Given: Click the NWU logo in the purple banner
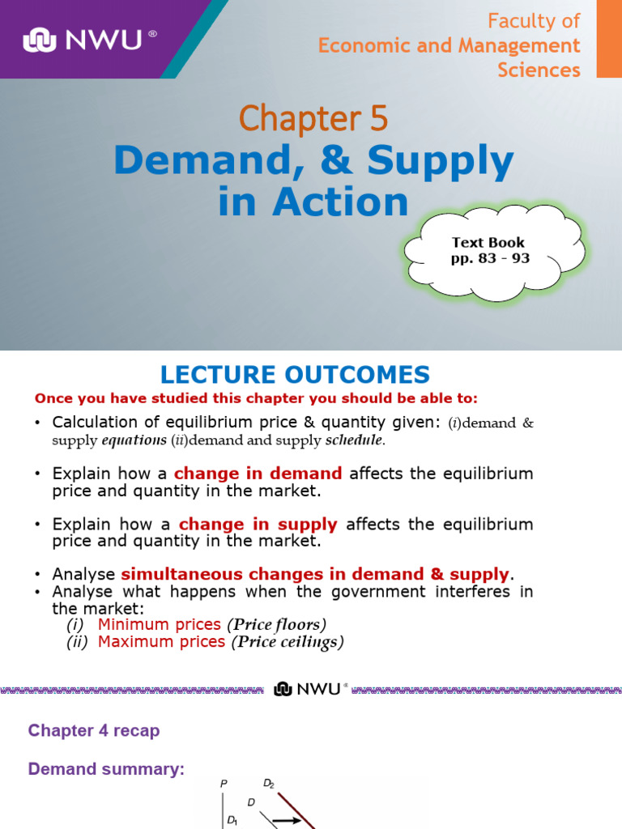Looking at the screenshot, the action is [89, 40].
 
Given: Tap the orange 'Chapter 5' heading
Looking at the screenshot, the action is [313, 118].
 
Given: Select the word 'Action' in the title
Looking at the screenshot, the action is [341, 202].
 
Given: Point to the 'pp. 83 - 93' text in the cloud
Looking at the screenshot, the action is [490, 258].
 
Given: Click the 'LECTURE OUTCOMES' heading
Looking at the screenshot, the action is [295, 374].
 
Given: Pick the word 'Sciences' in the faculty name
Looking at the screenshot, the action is [539, 70].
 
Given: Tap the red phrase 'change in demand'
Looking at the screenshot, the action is [258, 473].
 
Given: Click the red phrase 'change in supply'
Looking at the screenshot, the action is [258, 524].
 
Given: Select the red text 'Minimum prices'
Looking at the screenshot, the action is [160, 624].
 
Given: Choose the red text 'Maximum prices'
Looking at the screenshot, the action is [161, 642].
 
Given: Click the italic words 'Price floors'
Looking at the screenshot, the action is [277, 624].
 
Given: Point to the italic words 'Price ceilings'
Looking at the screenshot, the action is [288, 642].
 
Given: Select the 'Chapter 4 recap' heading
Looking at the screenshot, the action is [94, 731].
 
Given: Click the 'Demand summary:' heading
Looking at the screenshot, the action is [106, 769].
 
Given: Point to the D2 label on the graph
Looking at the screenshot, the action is [269, 784].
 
